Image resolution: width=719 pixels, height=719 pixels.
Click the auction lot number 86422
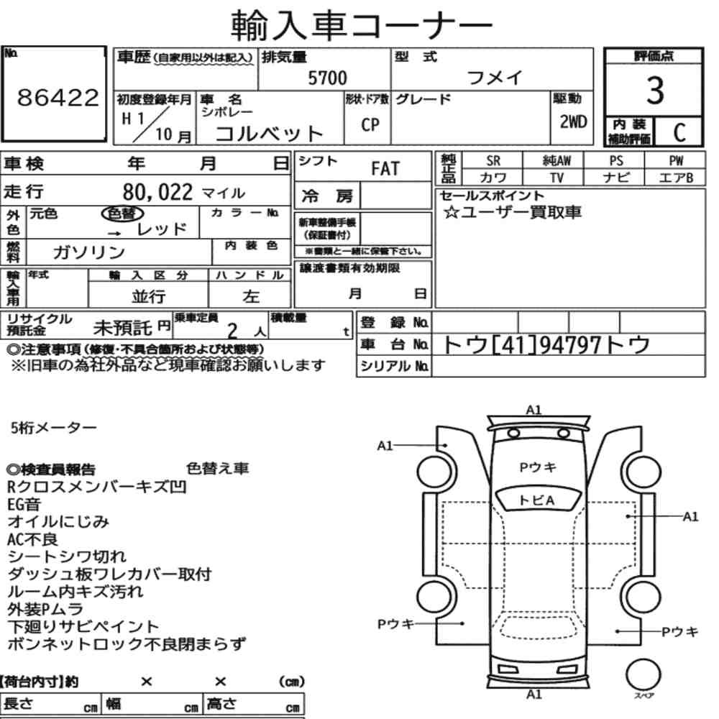point(58,97)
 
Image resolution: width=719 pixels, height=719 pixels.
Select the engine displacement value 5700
point(327,78)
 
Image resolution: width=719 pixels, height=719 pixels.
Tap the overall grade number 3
point(655,91)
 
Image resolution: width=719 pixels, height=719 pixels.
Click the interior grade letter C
point(679,132)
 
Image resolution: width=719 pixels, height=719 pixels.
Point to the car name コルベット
point(270,134)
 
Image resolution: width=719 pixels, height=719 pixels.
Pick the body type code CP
point(370,124)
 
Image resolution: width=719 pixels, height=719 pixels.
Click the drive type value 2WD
point(573,122)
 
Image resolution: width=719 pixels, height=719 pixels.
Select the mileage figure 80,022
point(157,192)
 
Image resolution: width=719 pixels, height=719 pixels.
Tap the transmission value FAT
point(385,169)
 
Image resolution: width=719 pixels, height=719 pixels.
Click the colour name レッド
point(162,229)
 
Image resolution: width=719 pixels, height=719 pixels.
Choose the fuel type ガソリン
point(88,252)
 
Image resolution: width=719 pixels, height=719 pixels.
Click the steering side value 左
point(251,297)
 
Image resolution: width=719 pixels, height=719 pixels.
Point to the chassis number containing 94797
point(546,345)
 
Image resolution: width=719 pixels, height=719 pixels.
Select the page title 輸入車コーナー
point(362,24)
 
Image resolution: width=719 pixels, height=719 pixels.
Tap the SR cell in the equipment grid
point(493,161)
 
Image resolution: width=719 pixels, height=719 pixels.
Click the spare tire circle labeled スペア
point(644,675)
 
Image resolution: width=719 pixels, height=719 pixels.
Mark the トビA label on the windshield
point(537,500)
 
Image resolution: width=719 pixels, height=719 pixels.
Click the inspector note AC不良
point(32,539)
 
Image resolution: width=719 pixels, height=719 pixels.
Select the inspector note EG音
point(24,505)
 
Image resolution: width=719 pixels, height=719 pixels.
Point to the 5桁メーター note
point(54,428)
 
